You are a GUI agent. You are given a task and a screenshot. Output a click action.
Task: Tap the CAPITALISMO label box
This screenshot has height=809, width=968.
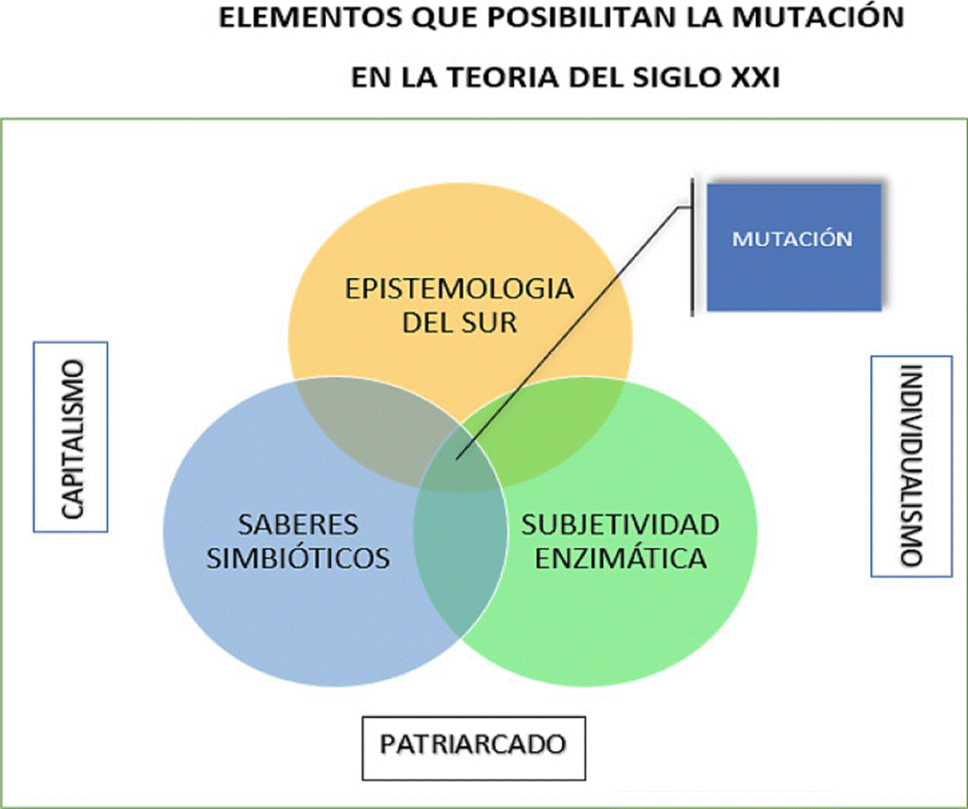pos(69,437)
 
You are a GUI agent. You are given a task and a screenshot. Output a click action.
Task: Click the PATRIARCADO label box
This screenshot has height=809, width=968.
pos(474,745)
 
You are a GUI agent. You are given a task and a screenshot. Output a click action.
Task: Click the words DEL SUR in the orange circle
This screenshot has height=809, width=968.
pos(459,322)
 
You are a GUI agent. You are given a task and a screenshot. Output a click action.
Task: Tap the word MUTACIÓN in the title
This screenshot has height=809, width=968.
pos(818,20)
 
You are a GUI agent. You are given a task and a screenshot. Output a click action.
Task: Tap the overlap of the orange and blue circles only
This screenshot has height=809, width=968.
pos(356,419)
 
